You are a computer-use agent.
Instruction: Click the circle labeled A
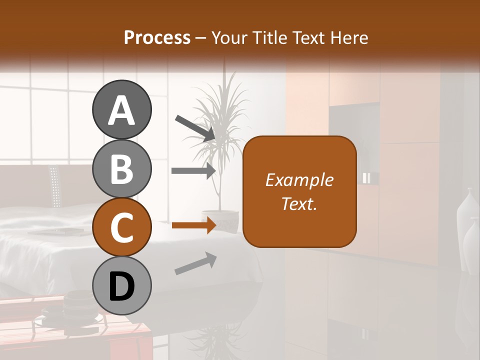point(121,110)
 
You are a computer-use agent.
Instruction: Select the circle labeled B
point(121,168)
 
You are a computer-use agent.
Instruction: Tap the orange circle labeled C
point(121,227)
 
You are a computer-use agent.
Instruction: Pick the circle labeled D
point(121,286)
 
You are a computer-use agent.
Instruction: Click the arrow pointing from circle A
point(195,127)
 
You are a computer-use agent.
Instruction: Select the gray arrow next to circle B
point(193,170)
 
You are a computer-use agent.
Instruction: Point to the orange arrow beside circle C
point(193,225)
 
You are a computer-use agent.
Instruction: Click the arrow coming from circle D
point(195,263)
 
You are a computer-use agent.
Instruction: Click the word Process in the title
point(157,37)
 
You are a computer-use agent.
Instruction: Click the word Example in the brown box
point(299,180)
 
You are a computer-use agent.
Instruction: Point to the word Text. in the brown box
point(299,204)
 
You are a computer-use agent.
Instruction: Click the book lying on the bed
point(56,231)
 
